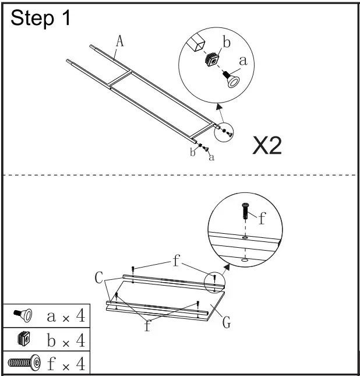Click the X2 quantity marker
click(267, 146)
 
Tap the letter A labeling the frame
click(120, 41)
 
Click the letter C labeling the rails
click(99, 278)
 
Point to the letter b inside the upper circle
click(227, 43)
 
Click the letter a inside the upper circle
click(243, 60)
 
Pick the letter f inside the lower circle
click(262, 219)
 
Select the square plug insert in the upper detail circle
click(212, 59)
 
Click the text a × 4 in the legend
click(65, 317)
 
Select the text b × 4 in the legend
click(65, 339)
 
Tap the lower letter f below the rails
click(147, 326)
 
